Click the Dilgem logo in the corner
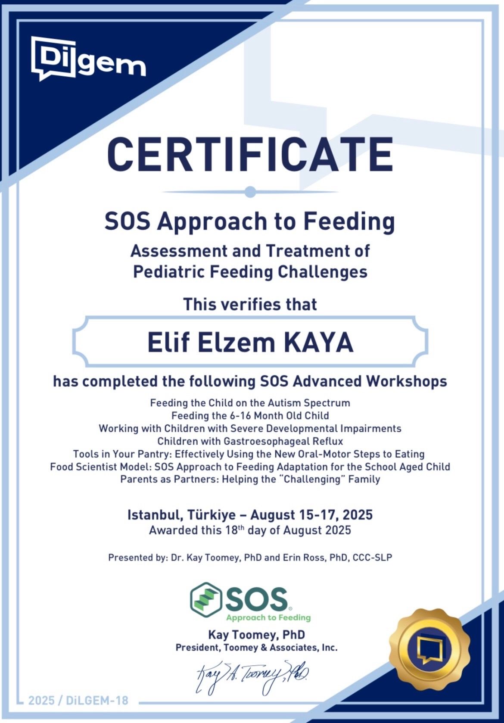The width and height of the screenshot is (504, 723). (88, 58)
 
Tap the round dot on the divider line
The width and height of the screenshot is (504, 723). (250, 192)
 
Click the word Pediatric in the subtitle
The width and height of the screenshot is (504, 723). (169, 272)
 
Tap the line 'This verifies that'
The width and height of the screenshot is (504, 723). (250, 304)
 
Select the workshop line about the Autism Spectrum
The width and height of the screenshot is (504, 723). (250, 403)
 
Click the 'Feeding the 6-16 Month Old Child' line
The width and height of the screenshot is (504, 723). (250, 415)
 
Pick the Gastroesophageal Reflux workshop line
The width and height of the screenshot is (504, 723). (250, 441)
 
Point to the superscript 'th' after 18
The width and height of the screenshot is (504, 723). (241, 528)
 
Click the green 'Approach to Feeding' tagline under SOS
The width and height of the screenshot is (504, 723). (268, 617)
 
